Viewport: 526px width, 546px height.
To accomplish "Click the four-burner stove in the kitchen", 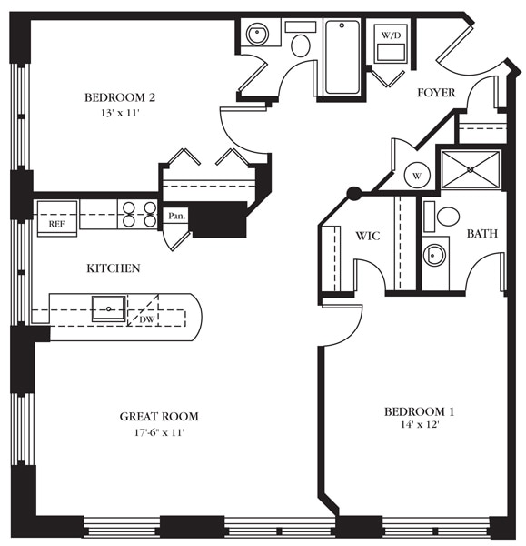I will pyautogui.click(x=138, y=214).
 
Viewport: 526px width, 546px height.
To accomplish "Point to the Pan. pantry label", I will pyautogui.click(x=176, y=217).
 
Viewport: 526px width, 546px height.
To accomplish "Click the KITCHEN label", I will pyautogui.click(x=113, y=268).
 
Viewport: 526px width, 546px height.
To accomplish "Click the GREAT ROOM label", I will pyautogui.click(x=159, y=417).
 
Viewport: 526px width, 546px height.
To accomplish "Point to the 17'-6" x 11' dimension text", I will pyautogui.click(x=159, y=432).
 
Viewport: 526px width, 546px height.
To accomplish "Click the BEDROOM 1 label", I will pyautogui.click(x=419, y=411).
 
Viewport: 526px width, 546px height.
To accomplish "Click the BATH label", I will pyautogui.click(x=481, y=234).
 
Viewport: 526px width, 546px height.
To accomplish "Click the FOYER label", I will pyautogui.click(x=435, y=93).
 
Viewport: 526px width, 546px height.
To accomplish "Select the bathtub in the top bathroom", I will pyautogui.click(x=342, y=56).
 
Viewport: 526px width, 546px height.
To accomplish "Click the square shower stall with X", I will pyautogui.click(x=471, y=168).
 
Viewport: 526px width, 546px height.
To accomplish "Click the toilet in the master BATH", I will pyautogui.click(x=447, y=217).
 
